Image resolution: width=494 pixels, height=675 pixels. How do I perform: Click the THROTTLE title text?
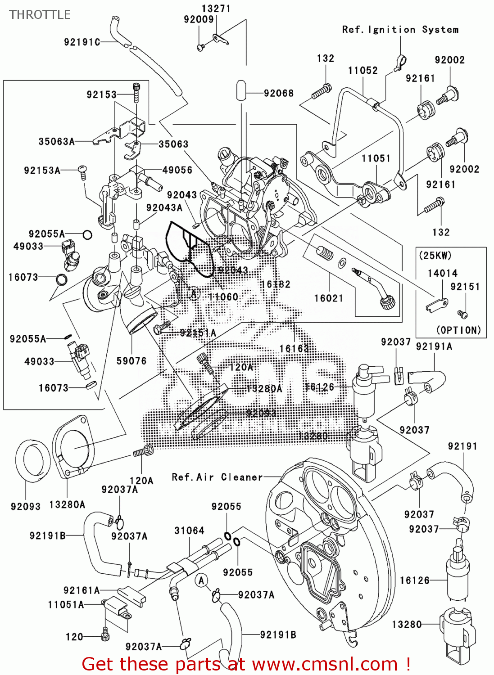pyautogui.click(x=40, y=15)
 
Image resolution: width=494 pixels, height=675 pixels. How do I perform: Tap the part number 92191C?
pyautogui.click(x=82, y=42)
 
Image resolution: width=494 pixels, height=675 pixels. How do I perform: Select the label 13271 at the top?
pyautogui.click(x=216, y=9)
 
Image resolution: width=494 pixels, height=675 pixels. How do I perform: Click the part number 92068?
pyautogui.click(x=279, y=93)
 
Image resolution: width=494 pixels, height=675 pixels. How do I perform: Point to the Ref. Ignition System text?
pyautogui.click(x=400, y=30)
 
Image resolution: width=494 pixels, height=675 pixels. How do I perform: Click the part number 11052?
pyautogui.click(x=363, y=70)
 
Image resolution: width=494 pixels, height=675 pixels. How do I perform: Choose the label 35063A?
pyautogui.click(x=56, y=141)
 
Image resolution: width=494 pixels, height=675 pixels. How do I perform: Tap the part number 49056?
pyautogui.click(x=177, y=170)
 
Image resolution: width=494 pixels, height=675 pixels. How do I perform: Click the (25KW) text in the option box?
pyautogui.click(x=435, y=256)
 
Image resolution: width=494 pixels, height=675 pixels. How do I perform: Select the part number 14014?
pyautogui.click(x=442, y=273)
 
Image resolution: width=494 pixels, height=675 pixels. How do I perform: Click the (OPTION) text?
pyautogui.click(x=458, y=330)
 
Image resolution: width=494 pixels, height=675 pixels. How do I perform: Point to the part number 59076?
pyautogui.click(x=131, y=361)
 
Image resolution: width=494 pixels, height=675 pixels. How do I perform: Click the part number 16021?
pyautogui.click(x=328, y=298)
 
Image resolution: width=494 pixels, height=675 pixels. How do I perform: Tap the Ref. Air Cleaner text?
pyautogui.click(x=217, y=477)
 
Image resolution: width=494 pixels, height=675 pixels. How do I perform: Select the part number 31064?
pyautogui.click(x=189, y=531)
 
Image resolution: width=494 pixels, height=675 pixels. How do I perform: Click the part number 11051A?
pyautogui.click(x=66, y=604)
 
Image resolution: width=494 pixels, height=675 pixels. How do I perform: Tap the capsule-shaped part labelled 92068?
pyautogui.click(x=241, y=90)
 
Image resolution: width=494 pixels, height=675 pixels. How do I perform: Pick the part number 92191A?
pyautogui.click(x=434, y=346)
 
